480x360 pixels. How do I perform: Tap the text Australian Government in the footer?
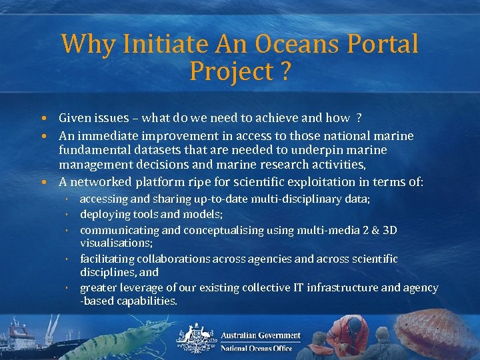pyautogui.click(x=260, y=335)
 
